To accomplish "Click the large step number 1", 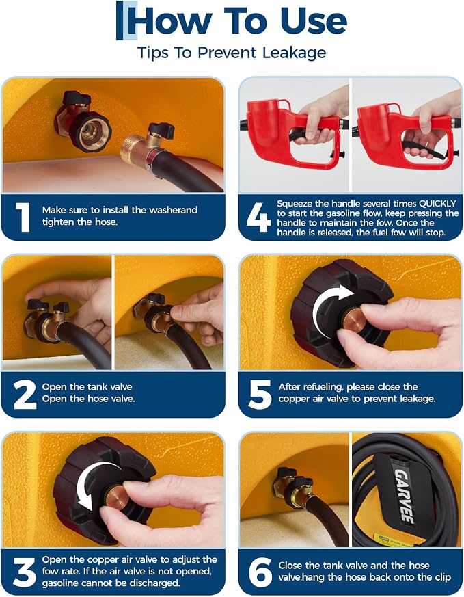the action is click(x=24, y=217).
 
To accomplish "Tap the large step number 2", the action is click(x=25, y=395).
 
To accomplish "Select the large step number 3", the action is click(x=25, y=572).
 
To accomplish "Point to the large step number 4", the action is click(x=258, y=217).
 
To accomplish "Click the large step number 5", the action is click(x=260, y=395).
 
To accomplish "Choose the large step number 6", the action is click(x=260, y=572).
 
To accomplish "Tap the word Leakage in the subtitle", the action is click(x=295, y=53).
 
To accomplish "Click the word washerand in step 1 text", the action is click(x=174, y=210).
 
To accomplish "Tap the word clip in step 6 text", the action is click(x=443, y=578).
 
